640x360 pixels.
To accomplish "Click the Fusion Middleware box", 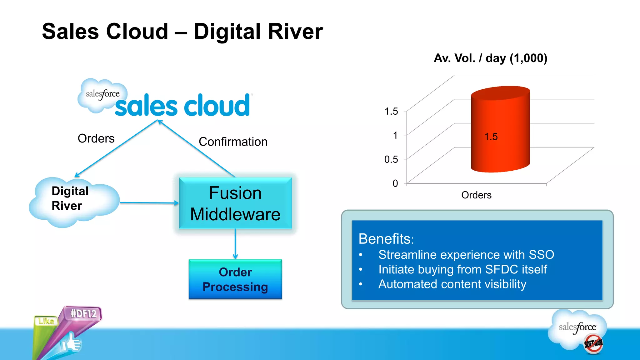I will coord(235,203).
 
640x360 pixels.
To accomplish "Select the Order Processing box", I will coord(235,279).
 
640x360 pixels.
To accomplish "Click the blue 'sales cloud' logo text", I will coord(182,106).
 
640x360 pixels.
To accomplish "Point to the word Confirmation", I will coord(233,142).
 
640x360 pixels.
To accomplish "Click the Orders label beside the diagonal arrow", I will coord(96,138).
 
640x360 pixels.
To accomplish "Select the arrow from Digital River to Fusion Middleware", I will coord(149,203).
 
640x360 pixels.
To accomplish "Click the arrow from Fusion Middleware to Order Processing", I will coord(235,244).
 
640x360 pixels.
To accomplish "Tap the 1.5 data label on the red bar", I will coord(491,137).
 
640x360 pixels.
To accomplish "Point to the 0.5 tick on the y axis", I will coord(391,159).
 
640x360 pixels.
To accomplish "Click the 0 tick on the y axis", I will coord(395,183).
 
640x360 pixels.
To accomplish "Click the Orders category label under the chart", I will coord(476,195).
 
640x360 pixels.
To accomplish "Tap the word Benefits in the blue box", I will coord(386,239).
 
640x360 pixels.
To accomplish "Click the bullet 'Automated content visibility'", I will coord(452,284).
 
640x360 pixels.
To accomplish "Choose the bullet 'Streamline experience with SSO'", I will coord(466,255).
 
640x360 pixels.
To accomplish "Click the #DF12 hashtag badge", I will coord(83,313).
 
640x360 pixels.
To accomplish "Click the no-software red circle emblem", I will coord(593,344).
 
